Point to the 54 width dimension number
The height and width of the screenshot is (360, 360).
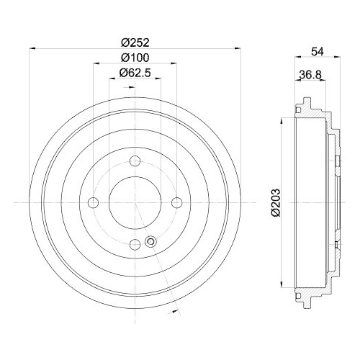(318, 52)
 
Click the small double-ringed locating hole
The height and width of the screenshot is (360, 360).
(150, 242)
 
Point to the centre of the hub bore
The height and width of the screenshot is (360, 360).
(134, 202)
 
